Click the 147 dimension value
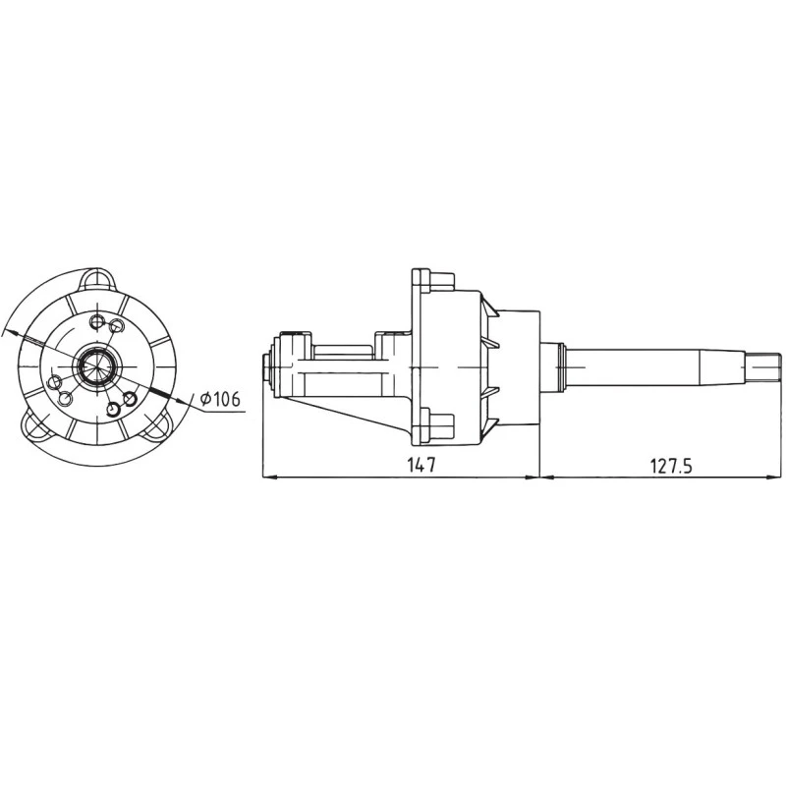pos(421,465)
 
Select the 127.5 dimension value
pos(671,465)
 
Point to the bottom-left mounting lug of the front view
pos(41,424)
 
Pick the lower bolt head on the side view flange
pos(440,427)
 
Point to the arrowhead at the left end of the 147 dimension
pos(273,478)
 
